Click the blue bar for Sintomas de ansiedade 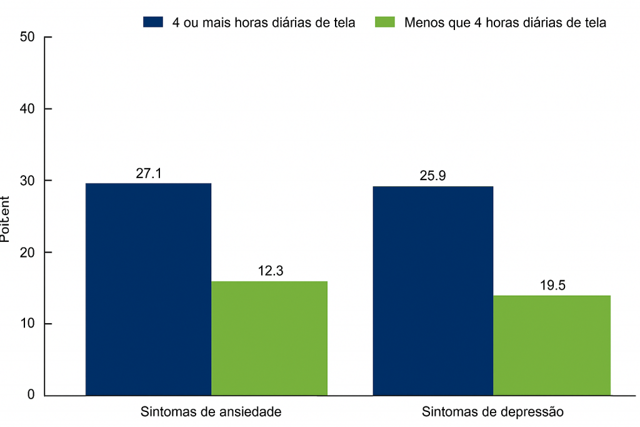click(148, 289)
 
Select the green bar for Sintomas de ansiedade click(269, 338)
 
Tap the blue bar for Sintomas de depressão click(432, 291)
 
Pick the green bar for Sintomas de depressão click(552, 345)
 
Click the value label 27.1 click(149, 173)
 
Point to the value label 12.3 click(270, 271)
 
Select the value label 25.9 click(432, 176)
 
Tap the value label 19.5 click(552, 285)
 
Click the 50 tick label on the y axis click(27, 37)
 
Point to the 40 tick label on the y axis click(27, 109)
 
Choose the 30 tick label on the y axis click(27, 181)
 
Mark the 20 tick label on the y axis click(27, 252)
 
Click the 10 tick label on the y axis click(27, 324)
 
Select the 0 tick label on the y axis click(30, 395)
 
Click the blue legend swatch click(153, 23)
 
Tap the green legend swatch click(384, 23)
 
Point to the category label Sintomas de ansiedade click(211, 412)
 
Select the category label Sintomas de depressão click(492, 412)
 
